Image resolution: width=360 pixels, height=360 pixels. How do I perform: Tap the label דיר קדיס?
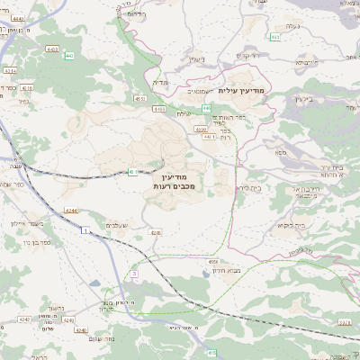(x=247, y=55)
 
